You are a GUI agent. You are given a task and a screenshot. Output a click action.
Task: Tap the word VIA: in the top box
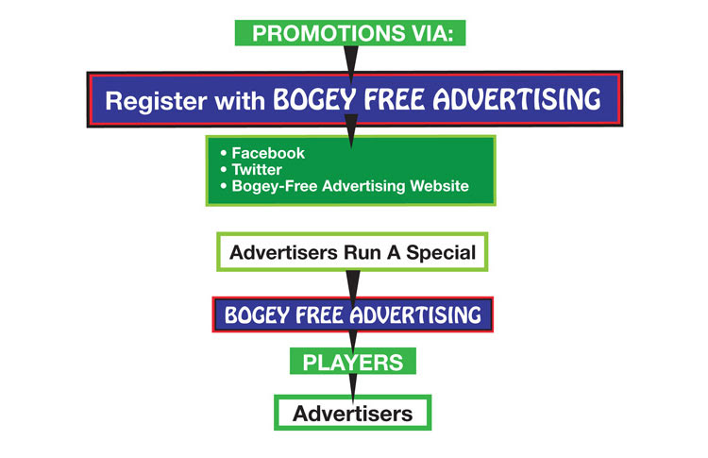point(432,33)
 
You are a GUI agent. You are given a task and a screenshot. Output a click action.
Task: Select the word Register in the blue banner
point(156,101)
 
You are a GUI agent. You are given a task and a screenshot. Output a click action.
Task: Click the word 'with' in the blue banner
point(240,100)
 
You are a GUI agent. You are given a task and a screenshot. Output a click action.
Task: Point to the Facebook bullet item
point(268,153)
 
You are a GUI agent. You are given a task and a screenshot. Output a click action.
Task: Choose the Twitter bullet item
point(257,169)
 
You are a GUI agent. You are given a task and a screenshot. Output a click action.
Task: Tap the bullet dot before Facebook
point(224,153)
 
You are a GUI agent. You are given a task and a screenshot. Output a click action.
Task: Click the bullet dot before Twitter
point(224,169)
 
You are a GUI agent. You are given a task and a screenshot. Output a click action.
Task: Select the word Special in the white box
point(441,252)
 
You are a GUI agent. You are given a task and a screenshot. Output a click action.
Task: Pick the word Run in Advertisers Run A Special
point(362,252)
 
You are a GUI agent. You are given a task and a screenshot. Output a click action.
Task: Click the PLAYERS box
point(353,362)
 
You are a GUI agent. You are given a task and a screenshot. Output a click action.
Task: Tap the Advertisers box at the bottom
point(353,413)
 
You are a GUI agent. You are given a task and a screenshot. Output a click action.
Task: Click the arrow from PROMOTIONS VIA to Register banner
point(351,64)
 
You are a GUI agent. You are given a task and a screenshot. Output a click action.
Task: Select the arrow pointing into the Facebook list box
point(351,131)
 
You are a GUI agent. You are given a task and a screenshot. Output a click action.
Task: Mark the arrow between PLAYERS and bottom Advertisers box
point(353,386)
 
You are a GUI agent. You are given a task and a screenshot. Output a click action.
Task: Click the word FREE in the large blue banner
point(395,99)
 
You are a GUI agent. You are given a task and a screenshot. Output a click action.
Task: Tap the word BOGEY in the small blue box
point(257,315)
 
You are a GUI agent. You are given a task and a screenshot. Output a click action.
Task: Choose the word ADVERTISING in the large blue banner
point(517,99)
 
